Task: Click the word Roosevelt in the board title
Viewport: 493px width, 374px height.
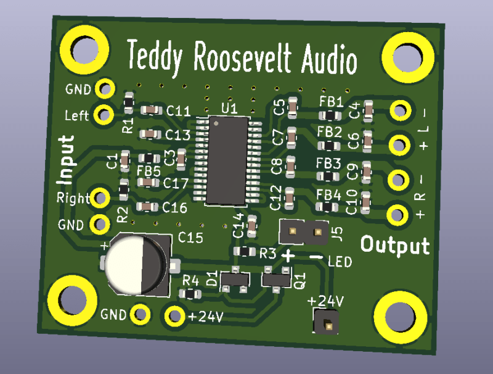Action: (242, 59)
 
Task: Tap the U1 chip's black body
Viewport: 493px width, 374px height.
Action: (227, 160)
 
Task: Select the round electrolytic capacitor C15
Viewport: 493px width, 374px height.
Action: (137, 265)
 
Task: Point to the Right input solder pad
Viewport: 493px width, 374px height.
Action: (100, 198)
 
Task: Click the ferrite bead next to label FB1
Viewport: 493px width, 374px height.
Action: (330, 115)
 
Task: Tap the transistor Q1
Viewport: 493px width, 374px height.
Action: (276, 279)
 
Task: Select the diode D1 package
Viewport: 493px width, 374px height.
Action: (235, 279)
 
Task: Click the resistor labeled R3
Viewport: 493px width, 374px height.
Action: (245, 251)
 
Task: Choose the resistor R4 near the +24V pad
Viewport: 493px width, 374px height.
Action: (190, 294)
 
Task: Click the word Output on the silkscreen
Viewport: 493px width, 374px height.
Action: (395, 245)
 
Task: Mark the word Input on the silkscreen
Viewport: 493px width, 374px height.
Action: (66, 160)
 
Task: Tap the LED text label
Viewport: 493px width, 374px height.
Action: (340, 262)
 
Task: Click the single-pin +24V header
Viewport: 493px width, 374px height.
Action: (326, 322)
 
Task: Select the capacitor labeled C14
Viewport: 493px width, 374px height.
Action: (252, 226)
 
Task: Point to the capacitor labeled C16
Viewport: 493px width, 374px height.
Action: (147, 207)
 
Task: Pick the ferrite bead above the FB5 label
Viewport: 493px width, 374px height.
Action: (149, 158)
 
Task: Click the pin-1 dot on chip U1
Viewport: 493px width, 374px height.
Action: (216, 123)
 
